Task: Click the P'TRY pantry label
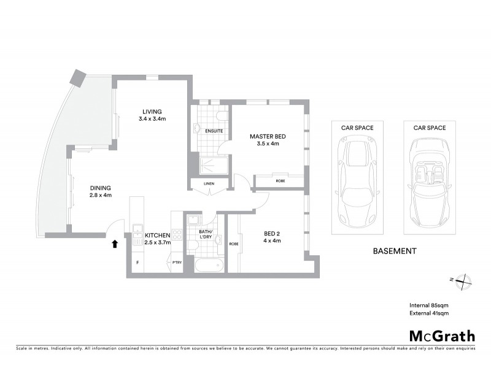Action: pos(177,263)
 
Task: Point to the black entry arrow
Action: pos(115,244)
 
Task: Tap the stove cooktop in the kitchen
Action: pos(177,234)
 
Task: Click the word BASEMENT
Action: pos(395,251)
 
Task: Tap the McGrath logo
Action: pos(441,335)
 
